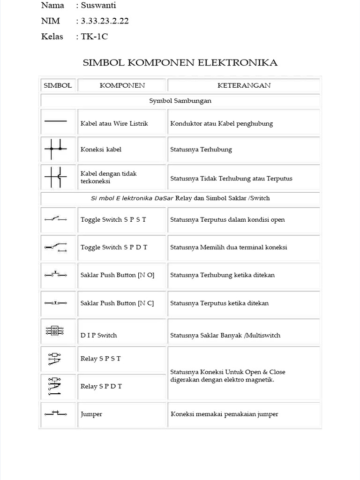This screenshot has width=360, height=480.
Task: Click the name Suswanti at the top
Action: coord(98,6)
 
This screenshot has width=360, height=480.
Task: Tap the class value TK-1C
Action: coord(94,37)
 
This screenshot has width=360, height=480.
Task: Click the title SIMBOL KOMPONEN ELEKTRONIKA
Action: coord(180,63)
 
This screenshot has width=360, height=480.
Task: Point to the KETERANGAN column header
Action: coord(244,85)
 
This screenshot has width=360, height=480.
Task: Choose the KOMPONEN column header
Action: coord(122,85)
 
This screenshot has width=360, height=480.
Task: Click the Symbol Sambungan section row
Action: coord(180,101)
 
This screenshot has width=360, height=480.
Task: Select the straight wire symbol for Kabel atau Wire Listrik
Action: coord(56,121)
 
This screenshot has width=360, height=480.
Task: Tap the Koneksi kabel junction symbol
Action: coord(56,149)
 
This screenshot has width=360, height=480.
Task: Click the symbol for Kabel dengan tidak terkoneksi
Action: coord(56,177)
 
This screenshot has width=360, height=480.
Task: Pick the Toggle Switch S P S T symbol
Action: coord(56,219)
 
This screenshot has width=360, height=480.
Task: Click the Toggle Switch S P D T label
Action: coord(114,247)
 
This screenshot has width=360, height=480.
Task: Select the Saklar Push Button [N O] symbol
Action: coord(56,274)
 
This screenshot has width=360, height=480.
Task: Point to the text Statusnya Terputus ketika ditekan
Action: coord(219,303)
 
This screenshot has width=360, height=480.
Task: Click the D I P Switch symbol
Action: coord(55,330)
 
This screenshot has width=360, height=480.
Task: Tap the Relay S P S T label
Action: coord(100,359)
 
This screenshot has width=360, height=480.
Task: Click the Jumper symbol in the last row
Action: coord(56,413)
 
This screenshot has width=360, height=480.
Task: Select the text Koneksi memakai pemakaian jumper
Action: coord(225,414)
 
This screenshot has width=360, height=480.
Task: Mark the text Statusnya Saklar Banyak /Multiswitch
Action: coord(225,336)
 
